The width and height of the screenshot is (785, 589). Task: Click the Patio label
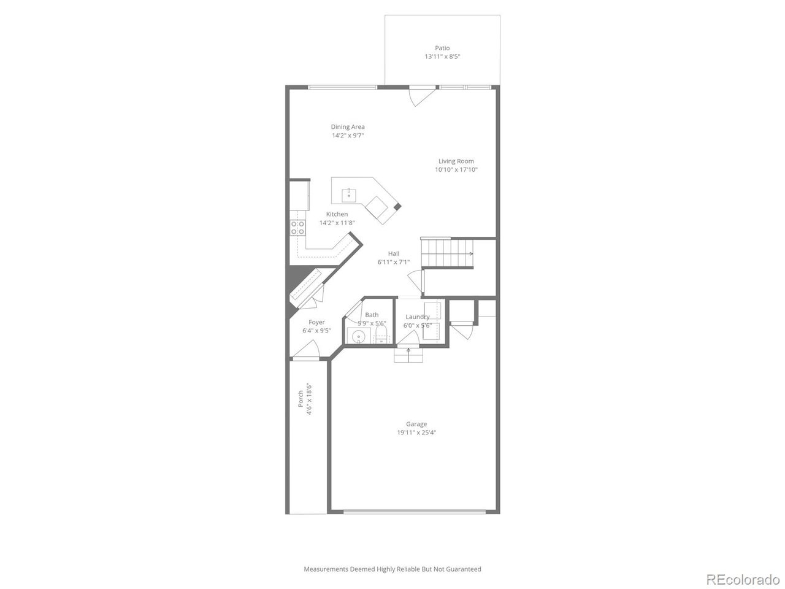pyautogui.click(x=442, y=48)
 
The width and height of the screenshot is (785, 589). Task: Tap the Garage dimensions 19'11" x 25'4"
pyautogui.click(x=416, y=433)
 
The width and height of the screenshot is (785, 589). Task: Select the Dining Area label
pyautogui.click(x=348, y=127)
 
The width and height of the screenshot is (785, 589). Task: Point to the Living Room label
pyautogui.click(x=456, y=161)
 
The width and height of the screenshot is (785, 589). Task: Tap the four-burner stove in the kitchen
pyautogui.click(x=298, y=228)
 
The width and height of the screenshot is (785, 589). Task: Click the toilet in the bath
pyautogui.click(x=381, y=334)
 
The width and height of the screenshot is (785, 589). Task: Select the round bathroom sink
pyautogui.click(x=358, y=336)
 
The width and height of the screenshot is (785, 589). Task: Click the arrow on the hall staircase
pyautogui.click(x=470, y=253)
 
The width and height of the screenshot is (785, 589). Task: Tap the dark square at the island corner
pyautogui.click(x=397, y=207)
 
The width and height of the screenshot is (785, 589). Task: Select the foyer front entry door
pyautogui.click(x=305, y=351)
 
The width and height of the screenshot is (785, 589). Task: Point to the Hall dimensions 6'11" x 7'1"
pyautogui.click(x=394, y=263)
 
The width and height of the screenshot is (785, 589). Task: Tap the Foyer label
pyautogui.click(x=316, y=322)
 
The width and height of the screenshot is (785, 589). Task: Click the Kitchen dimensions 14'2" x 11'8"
pyautogui.click(x=337, y=223)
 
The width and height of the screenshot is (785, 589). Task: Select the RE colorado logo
pyautogui.click(x=742, y=579)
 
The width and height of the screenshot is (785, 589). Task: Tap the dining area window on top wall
pyautogui.click(x=342, y=87)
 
